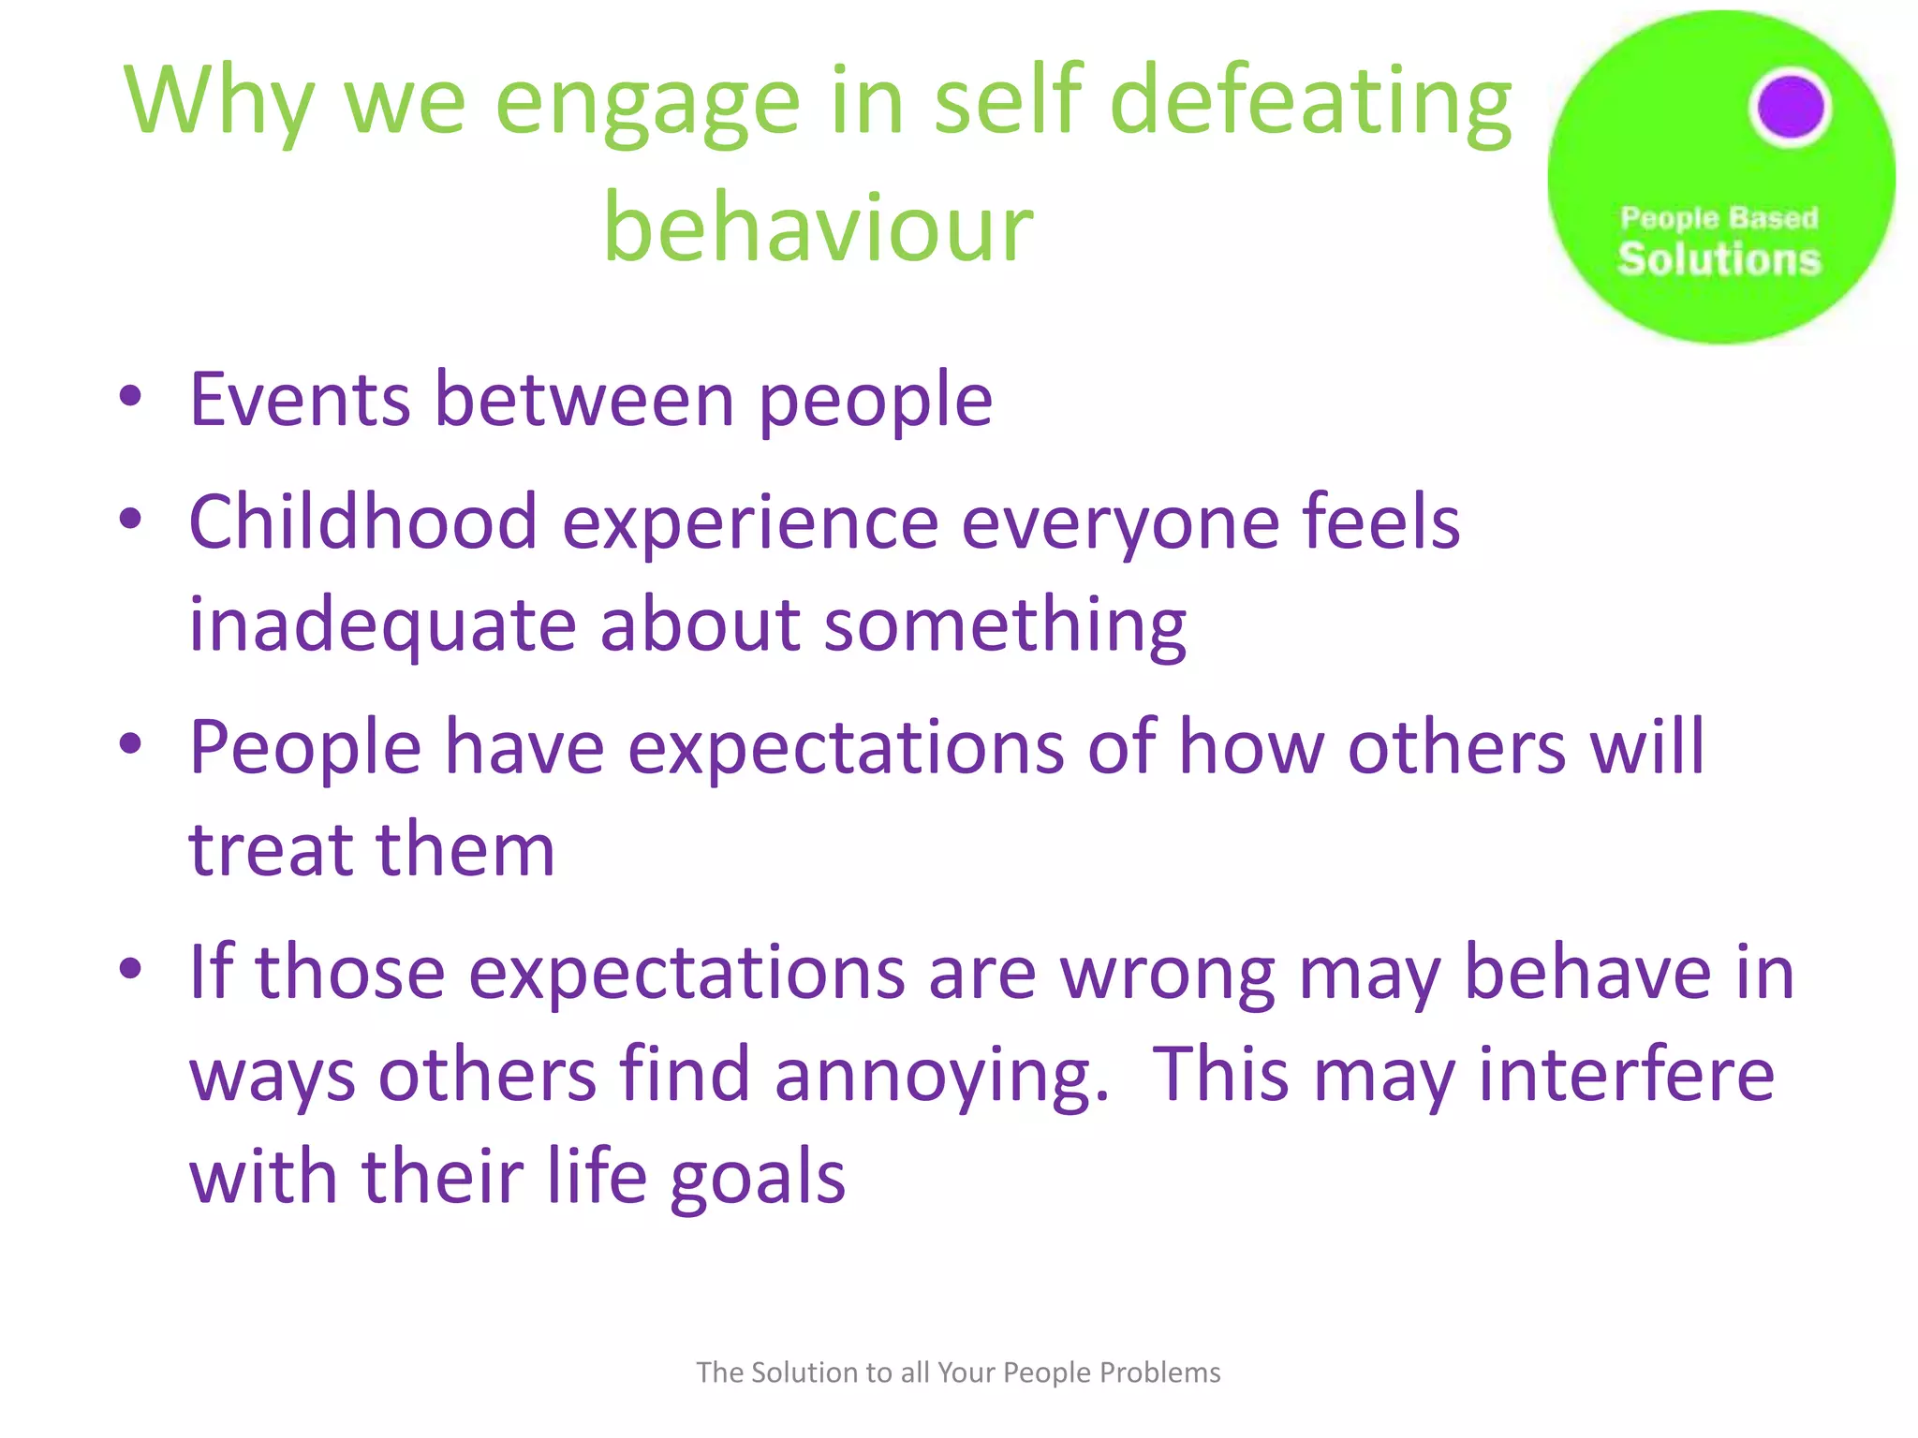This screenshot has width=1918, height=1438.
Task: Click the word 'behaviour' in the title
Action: (x=818, y=227)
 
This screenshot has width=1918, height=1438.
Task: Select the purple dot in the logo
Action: (x=1790, y=107)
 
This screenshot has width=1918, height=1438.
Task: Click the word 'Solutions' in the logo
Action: (x=1719, y=259)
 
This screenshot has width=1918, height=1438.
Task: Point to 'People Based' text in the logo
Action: (x=1719, y=218)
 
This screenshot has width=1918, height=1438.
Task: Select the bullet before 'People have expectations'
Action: (x=130, y=743)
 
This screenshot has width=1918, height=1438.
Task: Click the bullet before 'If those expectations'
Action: (x=130, y=968)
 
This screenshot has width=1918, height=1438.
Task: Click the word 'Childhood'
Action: (x=362, y=521)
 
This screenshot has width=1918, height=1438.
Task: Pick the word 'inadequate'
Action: (x=382, y=625)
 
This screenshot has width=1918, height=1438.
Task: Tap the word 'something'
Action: (x=1005, y=625)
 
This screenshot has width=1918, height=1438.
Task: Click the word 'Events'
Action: (x=300, y=400)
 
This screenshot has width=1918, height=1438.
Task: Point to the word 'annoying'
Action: (x=941, y=1077)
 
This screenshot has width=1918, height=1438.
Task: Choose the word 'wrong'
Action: (x=1167, y=974)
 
